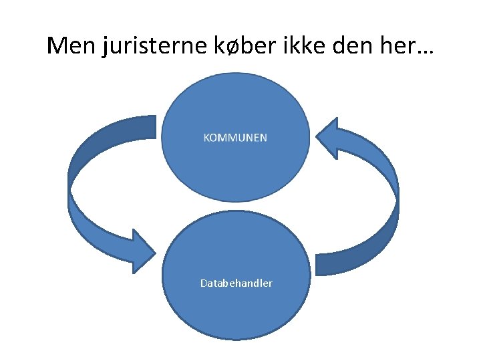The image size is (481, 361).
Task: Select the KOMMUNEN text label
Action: (x=235, y=138)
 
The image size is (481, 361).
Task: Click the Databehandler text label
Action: (x=236, y=283)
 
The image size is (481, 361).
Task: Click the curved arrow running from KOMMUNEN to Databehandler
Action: (x=77, y=201)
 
